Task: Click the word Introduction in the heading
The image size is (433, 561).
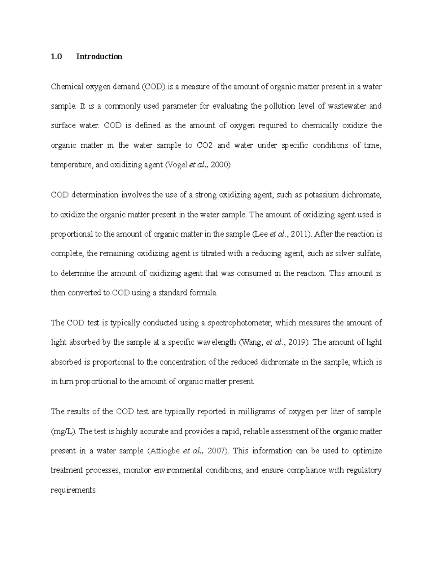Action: tap(99, 57)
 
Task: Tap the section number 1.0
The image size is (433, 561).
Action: tap(57, 57)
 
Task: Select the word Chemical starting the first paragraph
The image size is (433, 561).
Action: tap(67, 87)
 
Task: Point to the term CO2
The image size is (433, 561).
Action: tap(205, 146)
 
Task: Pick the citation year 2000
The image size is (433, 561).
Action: tap(220, 165)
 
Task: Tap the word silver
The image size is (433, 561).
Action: tap(344, 254)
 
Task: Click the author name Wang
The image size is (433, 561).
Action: tap(252, 342)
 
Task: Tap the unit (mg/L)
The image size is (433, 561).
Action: tap(63, 431)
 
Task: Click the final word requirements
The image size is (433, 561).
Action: tap(74, 490)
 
